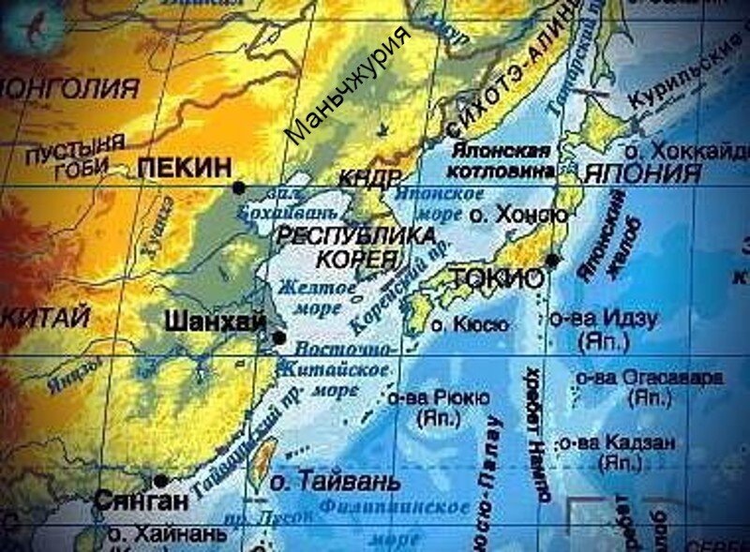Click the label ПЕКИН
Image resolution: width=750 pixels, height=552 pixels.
(184, 168)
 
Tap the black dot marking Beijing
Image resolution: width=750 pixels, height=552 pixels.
(240, 187)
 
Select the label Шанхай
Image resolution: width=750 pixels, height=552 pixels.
(215, 321)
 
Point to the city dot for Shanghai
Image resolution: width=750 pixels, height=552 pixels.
(278, 337)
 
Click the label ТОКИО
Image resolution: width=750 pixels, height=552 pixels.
(497, 278)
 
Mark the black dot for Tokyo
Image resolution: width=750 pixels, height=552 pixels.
(553, 260)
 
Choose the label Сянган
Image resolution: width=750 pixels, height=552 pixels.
(141, 501)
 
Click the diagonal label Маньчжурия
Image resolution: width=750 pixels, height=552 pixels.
(348, 86)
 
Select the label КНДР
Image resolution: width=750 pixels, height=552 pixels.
(371, 179)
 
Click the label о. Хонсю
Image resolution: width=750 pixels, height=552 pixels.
(517, 216)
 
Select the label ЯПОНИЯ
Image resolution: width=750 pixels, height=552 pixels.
(642, 173)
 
